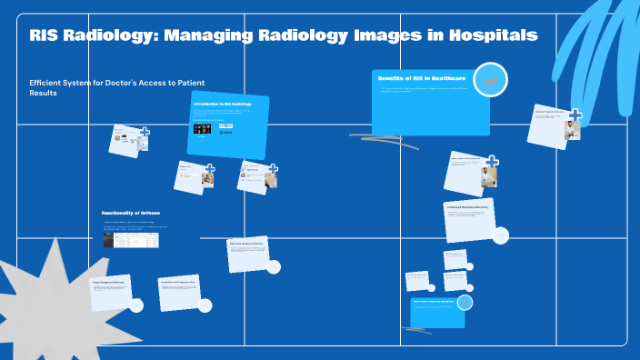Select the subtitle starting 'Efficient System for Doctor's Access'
click(x=116, y=87)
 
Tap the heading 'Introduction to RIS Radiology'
click(x=222, y=105)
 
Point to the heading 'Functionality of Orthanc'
click(x=131, y=213)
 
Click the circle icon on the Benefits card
click(x=490, y=80)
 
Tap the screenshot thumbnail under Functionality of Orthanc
click(x=131, y=240)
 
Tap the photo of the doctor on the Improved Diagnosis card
click(x=572, y=129)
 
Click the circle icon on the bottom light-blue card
click(x=464, y=304)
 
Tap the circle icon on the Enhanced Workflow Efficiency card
click(x=499, y=235)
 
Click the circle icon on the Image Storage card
click(x=136, y=305)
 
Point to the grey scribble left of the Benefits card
click(x=382, y=139)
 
